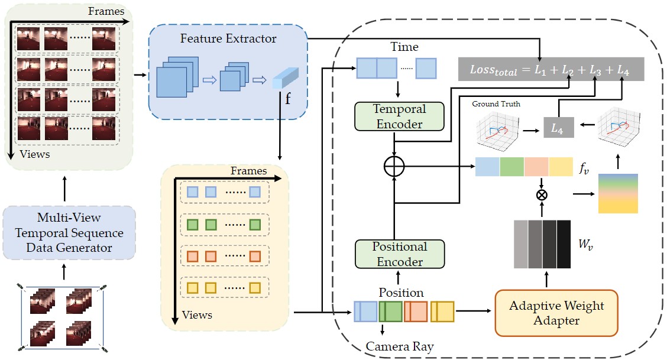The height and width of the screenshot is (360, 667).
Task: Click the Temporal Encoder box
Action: [x=399, y=116]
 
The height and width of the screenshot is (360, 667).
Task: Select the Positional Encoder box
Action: [x=399, y=254]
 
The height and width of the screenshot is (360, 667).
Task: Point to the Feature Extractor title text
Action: [x=228, y=39]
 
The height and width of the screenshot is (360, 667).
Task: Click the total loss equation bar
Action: [x=551, y=69]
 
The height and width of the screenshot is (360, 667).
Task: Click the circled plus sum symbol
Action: [x=394, y=167]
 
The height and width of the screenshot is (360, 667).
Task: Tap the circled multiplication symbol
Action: [x=540, y=194]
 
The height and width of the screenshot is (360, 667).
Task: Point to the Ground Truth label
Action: [x=496, y=104]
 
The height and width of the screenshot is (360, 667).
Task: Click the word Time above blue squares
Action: [x=404, y=47]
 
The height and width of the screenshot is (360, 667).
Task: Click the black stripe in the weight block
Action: [x=564, y=244]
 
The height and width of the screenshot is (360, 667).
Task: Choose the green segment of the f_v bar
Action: [x=511, y=167]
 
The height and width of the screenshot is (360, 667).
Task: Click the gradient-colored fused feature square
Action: [x=618, y=193]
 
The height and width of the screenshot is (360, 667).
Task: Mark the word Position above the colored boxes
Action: [x=401, y=292]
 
